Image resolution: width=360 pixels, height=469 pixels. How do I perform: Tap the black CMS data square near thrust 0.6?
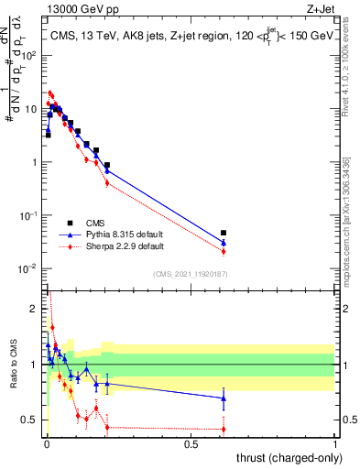point(224,233)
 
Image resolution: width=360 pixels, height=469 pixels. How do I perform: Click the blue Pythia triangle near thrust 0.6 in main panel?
point(224,243)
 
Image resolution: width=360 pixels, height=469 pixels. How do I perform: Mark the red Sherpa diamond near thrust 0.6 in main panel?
point(224,251)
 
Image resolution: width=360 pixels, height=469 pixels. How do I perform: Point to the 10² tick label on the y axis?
point(30,55)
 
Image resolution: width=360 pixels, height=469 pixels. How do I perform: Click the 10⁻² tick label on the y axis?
point(30,268)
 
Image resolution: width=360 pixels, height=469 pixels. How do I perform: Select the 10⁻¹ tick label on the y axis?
point(30,215)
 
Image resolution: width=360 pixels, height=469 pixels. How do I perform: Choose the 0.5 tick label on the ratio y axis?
point(30,420)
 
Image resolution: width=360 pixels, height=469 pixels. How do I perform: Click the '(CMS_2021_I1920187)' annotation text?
point(190,273)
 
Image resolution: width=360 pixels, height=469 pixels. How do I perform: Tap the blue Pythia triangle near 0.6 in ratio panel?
point(224,398)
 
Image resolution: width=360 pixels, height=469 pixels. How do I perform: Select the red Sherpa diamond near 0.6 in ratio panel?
point(224,429)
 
